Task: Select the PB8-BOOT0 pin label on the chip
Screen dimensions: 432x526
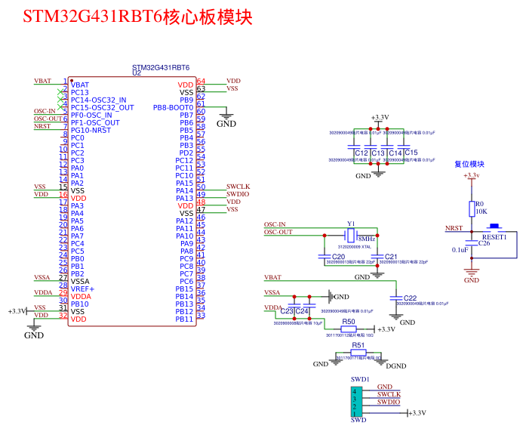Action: point(173,107)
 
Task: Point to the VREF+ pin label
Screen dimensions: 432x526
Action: point(82,289)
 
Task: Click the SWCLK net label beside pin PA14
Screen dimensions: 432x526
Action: point(238,186)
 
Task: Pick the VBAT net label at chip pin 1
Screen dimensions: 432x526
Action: point(43,81)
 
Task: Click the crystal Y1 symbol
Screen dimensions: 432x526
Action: point(351,236)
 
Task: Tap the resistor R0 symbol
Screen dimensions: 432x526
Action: point(472,208)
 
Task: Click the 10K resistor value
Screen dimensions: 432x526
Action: point(480,212)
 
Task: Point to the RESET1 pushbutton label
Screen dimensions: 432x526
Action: point(494,236)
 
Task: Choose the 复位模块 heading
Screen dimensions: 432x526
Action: point(469,164)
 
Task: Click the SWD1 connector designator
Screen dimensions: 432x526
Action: point(359,378)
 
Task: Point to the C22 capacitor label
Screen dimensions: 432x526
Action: point(410,298)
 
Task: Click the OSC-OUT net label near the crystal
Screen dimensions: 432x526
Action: point(278,232)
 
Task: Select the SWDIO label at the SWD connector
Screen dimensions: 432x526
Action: point(389,403)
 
